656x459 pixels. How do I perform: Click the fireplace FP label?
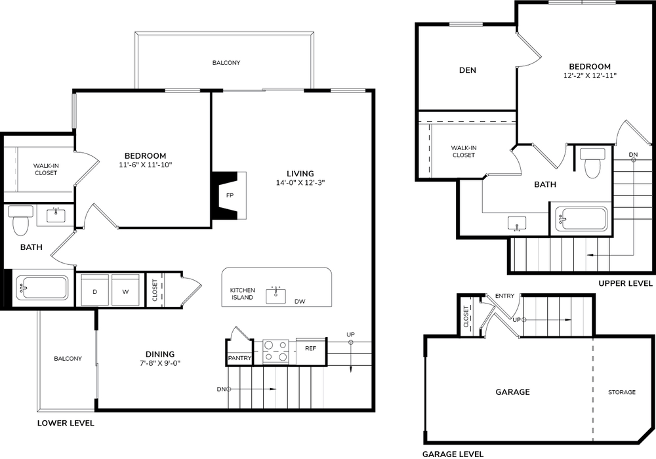[x=230, y=195]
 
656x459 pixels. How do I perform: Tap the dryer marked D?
[x=95, y=290]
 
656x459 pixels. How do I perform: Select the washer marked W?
[x=125, y=290]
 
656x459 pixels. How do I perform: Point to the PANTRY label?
[x=239, y=358]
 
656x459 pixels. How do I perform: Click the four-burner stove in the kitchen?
[x=276, y=351]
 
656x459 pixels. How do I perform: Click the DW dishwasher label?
[x=300, y=302]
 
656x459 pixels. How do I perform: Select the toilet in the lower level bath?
[x=20, y=220]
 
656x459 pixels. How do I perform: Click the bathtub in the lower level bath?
[x=42, y=288]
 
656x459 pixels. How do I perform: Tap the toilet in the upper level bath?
[x=592, y=163]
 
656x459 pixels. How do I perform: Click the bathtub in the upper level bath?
[x=581, y=218]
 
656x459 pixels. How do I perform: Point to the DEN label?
[x=467, y=70]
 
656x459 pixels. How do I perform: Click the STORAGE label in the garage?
[x=622, y=392]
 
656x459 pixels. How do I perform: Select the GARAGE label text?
[x=512, y=391]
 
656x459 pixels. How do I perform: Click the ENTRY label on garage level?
[x=504, y=296]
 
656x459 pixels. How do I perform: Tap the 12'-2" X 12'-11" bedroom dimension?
[x=590, y=75]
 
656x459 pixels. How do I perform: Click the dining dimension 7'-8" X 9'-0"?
[x=160, y=363]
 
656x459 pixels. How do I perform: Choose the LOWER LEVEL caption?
[x=66, y=423]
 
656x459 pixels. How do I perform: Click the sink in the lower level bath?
[x=56, y=215]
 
